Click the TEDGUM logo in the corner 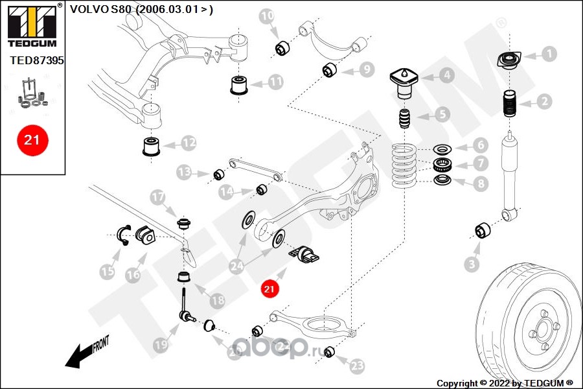pos(32,25)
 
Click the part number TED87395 pos(37,60)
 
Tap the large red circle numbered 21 pos(32,140)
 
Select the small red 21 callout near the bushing pos(269,289)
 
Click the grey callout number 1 pos(549,54)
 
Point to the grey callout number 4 pos(447,76)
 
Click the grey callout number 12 pos(189,143)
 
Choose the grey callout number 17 pos(157,197)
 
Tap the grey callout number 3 pos(472,265)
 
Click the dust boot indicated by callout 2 pos(509,104)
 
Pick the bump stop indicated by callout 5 pos(404,119)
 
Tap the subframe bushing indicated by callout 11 pos(239,85)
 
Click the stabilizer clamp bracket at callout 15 pos(124,235)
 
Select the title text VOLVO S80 pos(100,9)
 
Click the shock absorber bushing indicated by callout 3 pos(483,231)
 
